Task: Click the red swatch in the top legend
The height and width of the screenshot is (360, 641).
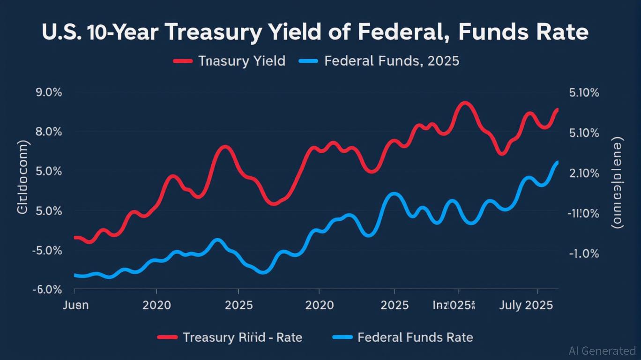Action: pyautogui.click(x=183, y=61)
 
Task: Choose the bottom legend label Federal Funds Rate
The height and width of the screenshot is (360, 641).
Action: pyautogui.click(x=415, y=337)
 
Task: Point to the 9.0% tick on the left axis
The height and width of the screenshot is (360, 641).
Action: pyautogui.click(x=49, y=92)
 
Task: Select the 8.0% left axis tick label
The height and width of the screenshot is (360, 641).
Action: pyautogui.click(x=49, y=132)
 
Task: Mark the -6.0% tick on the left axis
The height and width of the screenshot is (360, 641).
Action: pyautogui.click(x=47, y=290)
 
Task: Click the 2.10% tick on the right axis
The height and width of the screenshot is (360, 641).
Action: pyautogui.click(x=584, y=173)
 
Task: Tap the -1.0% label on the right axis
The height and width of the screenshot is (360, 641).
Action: pyautogui.click(x=584, y=254)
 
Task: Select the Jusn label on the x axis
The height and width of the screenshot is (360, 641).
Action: pyautogui.click(x=75, y=305)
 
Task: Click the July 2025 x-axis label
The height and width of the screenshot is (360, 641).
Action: pyautogui.click(x=526, y=305)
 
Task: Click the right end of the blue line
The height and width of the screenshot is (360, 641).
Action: pyautogui.click(x=557, y=162)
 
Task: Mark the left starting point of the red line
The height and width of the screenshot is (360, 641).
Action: pyautogui.click(x=75, y=238)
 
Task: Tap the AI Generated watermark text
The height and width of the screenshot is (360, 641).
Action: pyautogui.click(x=602, y=351)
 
